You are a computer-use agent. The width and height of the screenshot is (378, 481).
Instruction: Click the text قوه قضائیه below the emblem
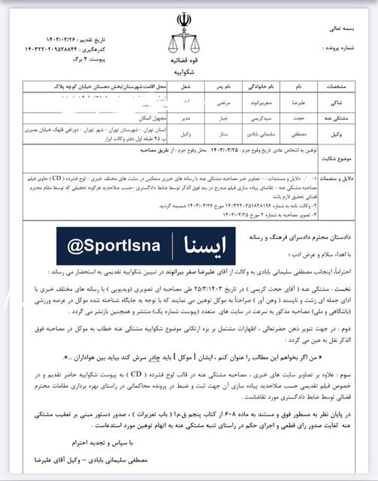tap(183, 53)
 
